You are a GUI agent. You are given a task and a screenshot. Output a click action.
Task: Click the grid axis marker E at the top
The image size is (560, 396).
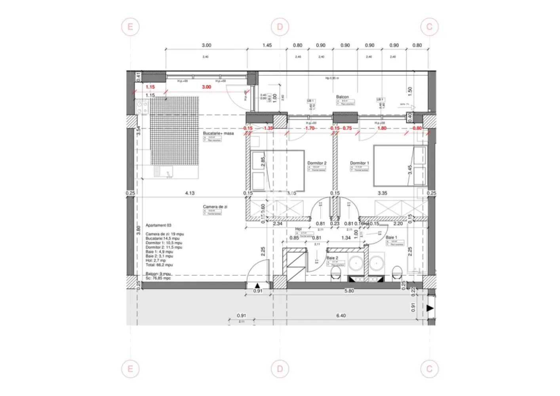coord(130,27)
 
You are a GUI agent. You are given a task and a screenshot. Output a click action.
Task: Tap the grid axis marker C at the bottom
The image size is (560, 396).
coord(429,369)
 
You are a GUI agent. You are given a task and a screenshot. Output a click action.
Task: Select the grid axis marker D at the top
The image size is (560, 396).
coord(280,27)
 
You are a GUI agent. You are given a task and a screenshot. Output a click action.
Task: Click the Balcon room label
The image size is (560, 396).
coord(343,97)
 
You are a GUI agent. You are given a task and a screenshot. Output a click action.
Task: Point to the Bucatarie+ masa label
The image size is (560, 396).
coord(218,133)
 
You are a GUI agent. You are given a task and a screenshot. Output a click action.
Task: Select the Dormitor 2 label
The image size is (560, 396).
coord(317,163)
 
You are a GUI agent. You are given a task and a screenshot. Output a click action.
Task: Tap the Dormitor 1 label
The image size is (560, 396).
coord(359,163)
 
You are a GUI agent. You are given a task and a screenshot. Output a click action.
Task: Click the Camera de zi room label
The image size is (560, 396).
coord(215,207)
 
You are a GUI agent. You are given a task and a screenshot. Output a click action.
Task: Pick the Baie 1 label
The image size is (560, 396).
coord(391,238)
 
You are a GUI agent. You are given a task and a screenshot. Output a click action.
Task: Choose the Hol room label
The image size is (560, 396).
coord(299,229)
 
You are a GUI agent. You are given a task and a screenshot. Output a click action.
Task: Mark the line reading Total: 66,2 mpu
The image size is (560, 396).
coord(159,265)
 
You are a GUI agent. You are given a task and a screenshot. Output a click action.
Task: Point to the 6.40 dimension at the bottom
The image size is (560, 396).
coord(341,316)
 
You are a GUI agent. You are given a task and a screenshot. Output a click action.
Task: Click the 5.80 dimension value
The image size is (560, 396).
coord(349,291)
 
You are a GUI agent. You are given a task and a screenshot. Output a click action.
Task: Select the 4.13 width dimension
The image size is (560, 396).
coord(190,193)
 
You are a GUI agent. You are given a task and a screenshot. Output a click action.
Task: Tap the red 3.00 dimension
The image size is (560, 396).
coord(206,87)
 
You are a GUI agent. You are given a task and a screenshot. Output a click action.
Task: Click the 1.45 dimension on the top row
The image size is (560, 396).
coord(267,45)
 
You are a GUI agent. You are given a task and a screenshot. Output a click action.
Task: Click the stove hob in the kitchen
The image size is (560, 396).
coord(142,107)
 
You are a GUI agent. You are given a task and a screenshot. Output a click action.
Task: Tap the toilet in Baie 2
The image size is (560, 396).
coord(336,272)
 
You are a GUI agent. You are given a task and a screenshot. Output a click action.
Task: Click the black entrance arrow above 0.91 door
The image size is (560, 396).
coord(257,285)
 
